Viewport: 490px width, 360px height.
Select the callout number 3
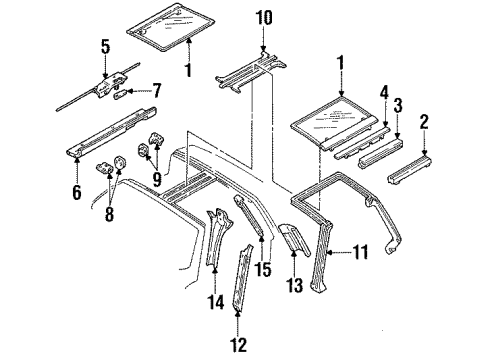[x=397, y=105]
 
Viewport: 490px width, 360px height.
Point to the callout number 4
[x=382, y=94]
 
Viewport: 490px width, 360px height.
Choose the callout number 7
[x=155, y=90]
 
